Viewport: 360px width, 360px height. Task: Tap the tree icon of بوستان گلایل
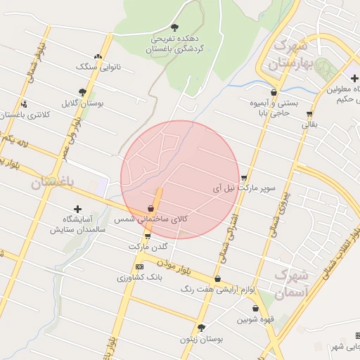(x=83, y=92)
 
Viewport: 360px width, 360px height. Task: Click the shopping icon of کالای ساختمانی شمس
(x=151, y=209)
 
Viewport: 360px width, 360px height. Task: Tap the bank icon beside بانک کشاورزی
(x=139, y=267)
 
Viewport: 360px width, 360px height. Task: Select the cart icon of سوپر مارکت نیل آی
(x=244, y=178)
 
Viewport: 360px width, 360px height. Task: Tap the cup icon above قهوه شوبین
(x=255, y=309)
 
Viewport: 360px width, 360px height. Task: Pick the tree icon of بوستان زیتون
(x=202, y=328)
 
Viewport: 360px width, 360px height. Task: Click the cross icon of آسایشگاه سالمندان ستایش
(x=77, y=209)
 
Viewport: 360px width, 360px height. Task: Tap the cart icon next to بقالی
(x=309, y=114)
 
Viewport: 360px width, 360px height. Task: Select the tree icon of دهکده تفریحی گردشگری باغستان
(x=174, y=27)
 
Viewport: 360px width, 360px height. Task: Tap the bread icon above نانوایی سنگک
(x=97, y=56)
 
